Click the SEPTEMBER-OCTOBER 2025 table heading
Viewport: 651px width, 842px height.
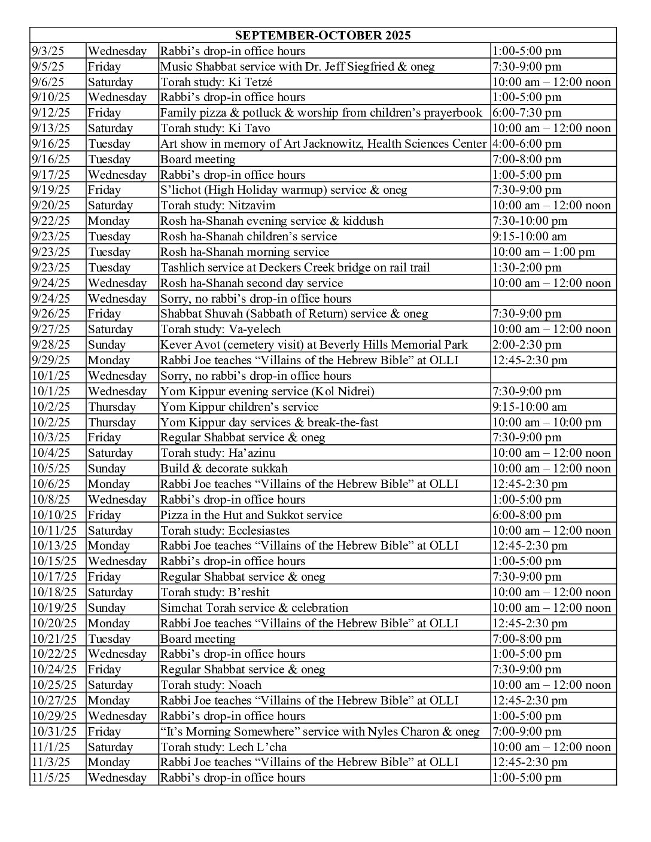point(323,35)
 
